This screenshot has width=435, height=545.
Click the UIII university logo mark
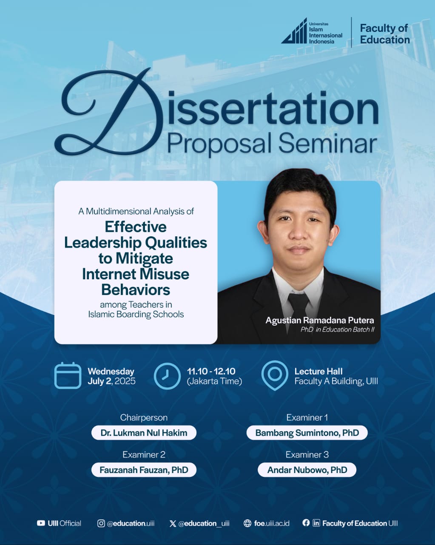pos(294,31)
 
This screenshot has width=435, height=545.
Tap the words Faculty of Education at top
pos(385,34)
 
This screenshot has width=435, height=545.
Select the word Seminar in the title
pos(328,144)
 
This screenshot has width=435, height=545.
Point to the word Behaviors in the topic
pos(136,290)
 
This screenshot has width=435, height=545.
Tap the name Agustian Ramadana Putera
pos(320,320)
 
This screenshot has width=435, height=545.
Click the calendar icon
pos(68,376)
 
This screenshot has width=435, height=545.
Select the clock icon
pos(167,376)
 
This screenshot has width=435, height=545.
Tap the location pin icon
pos(275,375)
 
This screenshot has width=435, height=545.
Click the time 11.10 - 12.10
pos(211,372)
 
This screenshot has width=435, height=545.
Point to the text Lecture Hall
pos(318,372)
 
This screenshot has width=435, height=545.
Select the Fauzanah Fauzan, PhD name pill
pos(144,470)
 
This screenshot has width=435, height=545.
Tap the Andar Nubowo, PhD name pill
pos(307,470)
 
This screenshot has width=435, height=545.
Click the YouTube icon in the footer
pos(41,523)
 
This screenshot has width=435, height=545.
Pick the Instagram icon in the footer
pos(101,523)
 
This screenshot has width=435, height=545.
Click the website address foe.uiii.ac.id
pos(272,523)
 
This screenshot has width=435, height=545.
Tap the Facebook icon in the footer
pos(306,523)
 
